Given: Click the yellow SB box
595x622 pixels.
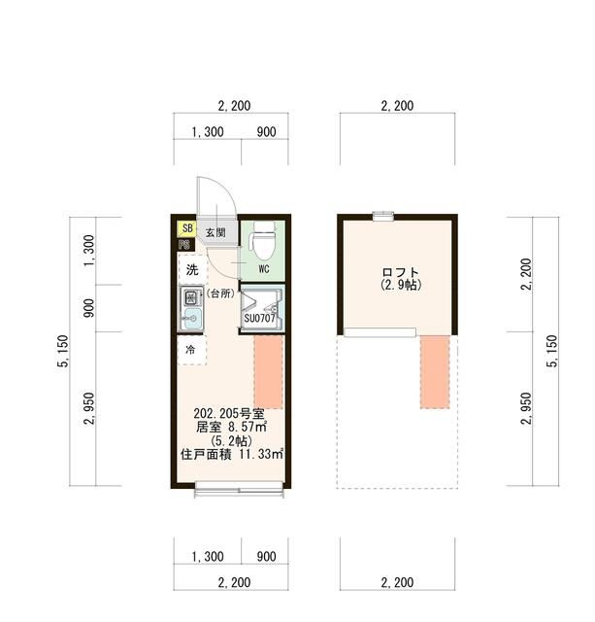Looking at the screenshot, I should (x=186, y=229).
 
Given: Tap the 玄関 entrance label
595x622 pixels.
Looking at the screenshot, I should (x=215, y=233).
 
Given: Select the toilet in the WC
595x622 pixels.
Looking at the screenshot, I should (x=264, y=236).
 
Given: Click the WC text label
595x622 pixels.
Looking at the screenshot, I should (x=263, y=269).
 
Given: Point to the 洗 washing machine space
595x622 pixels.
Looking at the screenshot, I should (x=192, y=269).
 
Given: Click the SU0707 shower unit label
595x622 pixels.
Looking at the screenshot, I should (x=261, y=318).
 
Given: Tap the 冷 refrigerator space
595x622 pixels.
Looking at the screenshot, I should (x=191, y=349).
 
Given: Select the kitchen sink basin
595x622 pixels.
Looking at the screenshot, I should (x=190, y=318).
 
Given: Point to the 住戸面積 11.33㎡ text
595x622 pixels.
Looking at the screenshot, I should (x=231, y=453).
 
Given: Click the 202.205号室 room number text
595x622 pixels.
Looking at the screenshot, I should (x=230, y=412).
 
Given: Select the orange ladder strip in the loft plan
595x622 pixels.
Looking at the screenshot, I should (x=435, y=370).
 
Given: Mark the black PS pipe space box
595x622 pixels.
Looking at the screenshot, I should (x=183, y=246).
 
